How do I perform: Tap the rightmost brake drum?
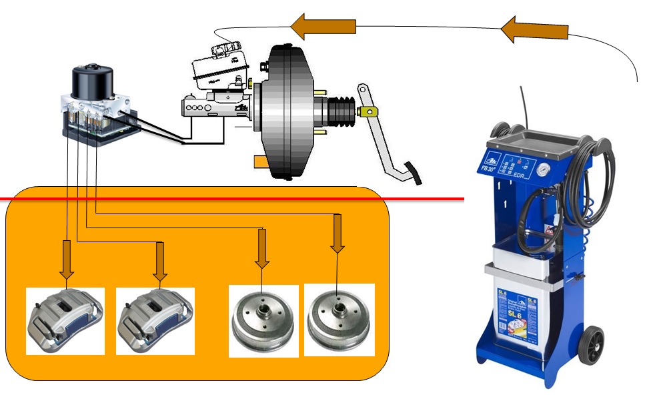click(x=339, y=320)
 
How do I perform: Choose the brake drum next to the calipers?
click(x=263, y=320)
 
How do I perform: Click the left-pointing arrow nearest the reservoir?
click(x=324, y=27)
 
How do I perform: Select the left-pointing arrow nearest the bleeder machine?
click(x=534, y=31)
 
